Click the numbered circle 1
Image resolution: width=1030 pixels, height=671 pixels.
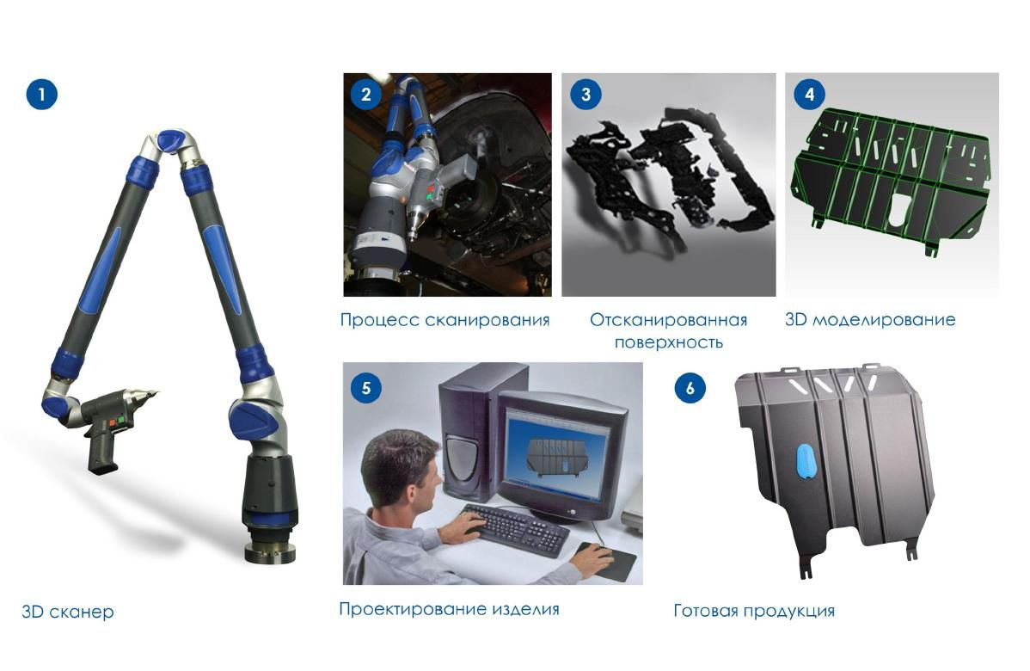coord(42,94)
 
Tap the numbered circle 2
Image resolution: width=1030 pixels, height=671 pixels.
coord(366,94)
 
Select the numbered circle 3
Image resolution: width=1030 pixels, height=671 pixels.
coord(586,94)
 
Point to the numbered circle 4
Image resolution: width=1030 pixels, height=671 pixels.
coord(809,94)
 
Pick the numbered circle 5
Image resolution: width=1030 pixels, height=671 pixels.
coord(366,388)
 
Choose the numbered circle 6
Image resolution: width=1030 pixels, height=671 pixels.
coord(690,388)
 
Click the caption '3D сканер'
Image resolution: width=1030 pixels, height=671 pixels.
coord(68,612)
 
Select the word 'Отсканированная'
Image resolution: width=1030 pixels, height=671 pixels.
coord(668,320)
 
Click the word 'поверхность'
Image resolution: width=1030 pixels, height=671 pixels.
coord(669,342)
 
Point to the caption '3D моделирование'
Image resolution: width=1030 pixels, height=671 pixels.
coord(870,320)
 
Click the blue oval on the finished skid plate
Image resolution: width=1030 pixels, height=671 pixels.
coord(806,461)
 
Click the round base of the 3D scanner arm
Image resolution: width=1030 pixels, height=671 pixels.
coord(270,550)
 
